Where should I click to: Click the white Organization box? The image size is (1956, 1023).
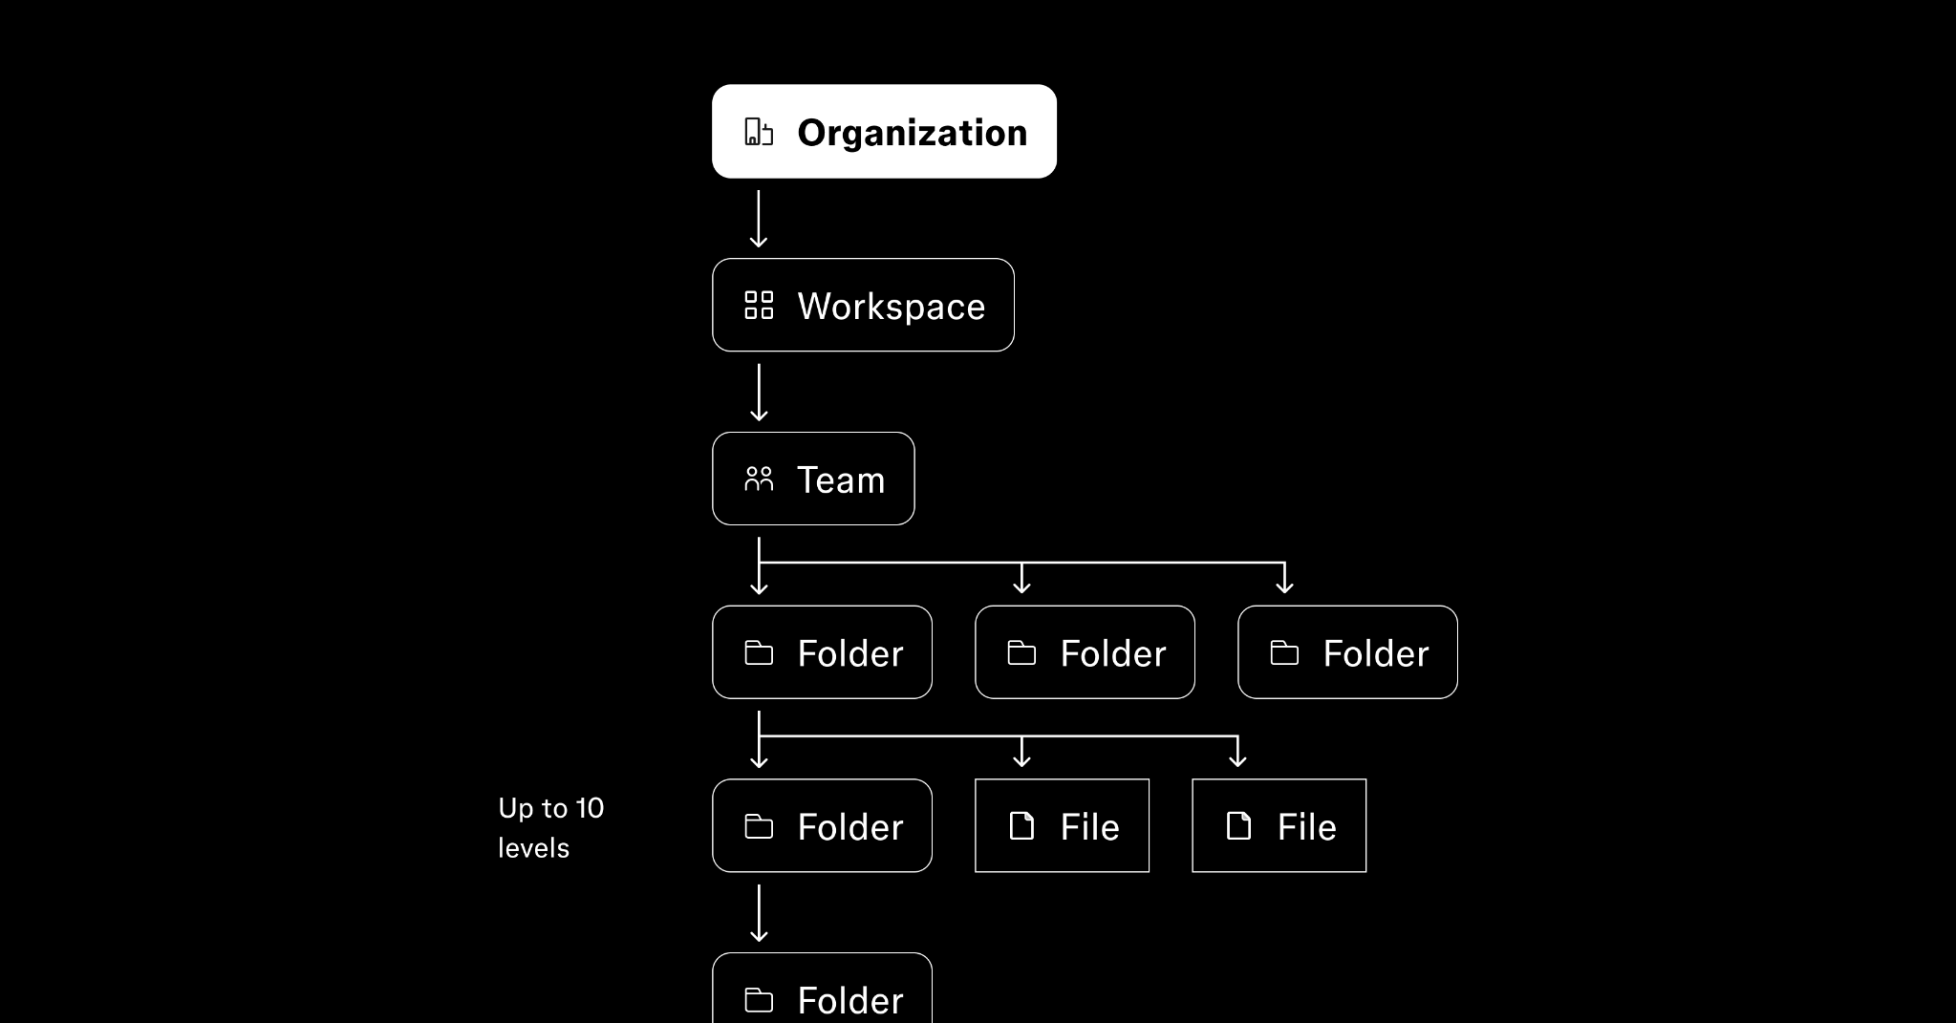(x=884, y=131)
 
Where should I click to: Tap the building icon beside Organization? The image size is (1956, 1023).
(x=759, y=132)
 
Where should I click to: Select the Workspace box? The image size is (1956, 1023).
(x=863, y=305)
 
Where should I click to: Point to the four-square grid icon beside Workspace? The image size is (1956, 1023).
(x=759, y=306)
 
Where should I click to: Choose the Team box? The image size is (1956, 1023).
(x=813, y=479)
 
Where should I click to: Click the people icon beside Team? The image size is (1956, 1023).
(x=759, y=479)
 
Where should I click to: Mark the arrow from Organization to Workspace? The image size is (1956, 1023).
(x=759, y=219)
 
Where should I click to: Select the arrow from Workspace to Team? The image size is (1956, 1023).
(x=759, y=393)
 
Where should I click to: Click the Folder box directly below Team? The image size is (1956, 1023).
(x=822, y=652)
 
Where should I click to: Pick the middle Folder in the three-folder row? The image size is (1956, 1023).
(x=1085, y=652)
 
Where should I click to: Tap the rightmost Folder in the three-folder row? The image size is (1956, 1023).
(x=1347, y=652)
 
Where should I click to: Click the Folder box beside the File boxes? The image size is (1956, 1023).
(x=822, y=825)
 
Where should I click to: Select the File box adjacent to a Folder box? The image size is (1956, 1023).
(x=1062, y=825)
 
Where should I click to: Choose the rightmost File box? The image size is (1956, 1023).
(x=1279, y=825)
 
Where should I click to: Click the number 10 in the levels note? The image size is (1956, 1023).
(x=589, y=809)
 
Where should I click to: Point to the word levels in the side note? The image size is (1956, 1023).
(x=533, y=848)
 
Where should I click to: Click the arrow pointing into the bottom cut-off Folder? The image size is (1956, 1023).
(x=759, y=913)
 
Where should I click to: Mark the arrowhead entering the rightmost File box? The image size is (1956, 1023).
(x=1237, y=760)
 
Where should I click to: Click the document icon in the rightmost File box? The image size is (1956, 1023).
(x=1238, y=826)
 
